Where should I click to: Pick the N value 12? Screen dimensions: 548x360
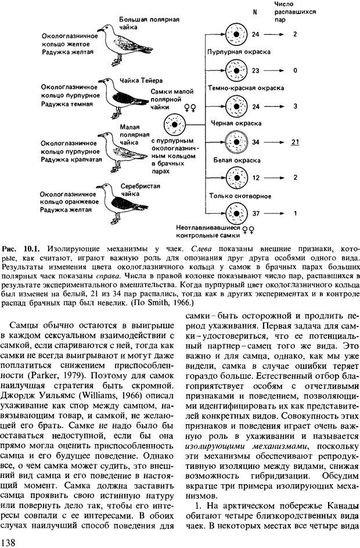tap(257, 177)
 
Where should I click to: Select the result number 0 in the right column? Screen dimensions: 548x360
tap(295, 70)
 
